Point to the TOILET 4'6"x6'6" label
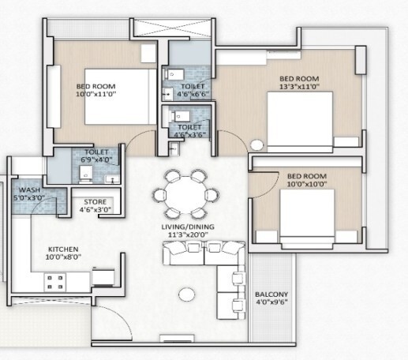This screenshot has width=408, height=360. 191,89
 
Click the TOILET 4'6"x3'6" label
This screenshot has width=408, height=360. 189,129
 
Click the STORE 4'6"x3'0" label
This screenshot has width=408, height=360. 97,205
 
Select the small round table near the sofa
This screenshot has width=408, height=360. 187,294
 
